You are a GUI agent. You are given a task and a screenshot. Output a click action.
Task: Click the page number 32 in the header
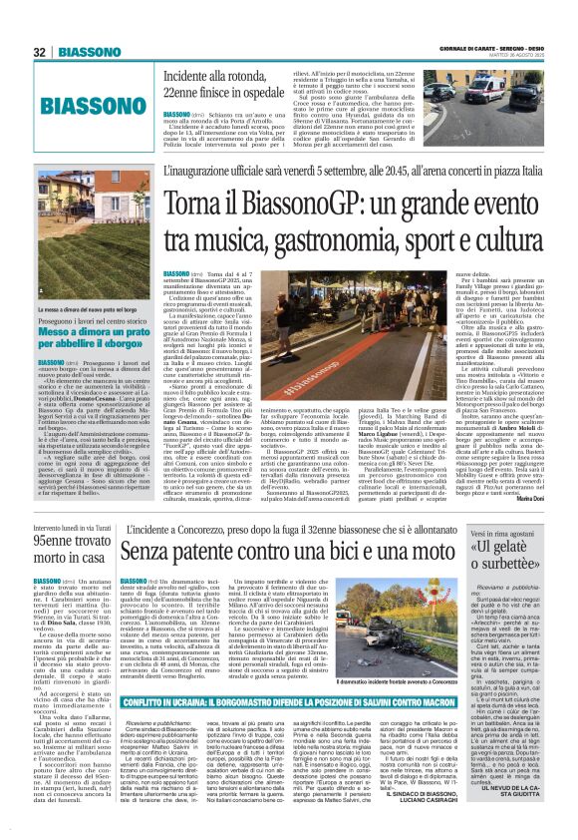coord(39,52)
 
